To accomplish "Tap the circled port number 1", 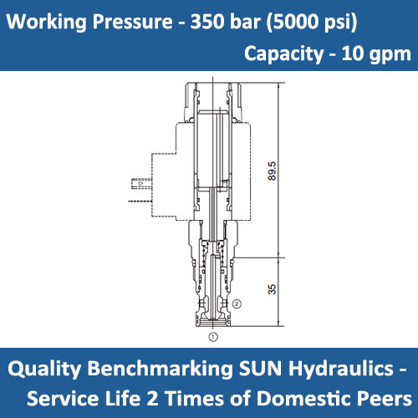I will [212, 337].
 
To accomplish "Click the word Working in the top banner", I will [44, 19].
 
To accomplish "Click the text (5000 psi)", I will [308, 19].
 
